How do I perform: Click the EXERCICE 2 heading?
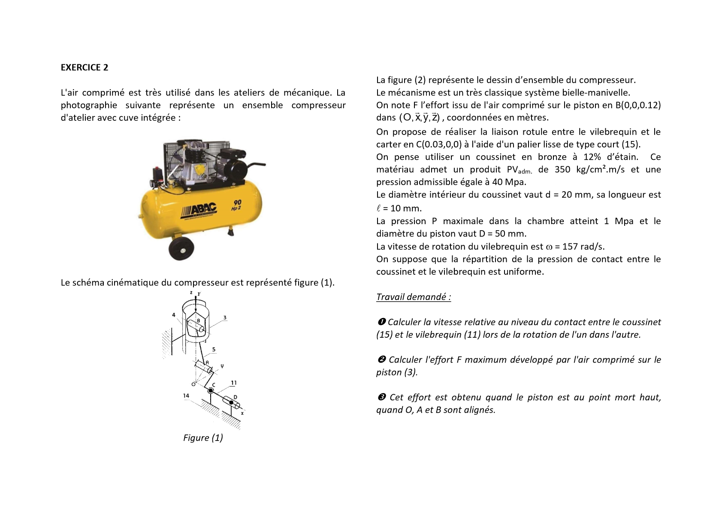point(85,67)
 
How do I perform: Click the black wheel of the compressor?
point(181,249)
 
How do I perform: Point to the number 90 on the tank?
point(237,202)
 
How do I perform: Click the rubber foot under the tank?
point(231,232)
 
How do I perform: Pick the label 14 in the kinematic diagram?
point(186,396)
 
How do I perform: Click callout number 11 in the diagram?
point(234,383)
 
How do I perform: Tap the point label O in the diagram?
point(193,384)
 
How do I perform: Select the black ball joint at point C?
point(211,391)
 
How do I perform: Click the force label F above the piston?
point(199,294)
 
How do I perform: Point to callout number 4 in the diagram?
point(174,315)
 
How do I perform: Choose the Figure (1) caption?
point(203,438)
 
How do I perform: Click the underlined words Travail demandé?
point(414,297)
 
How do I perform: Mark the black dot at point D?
point(231,403)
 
